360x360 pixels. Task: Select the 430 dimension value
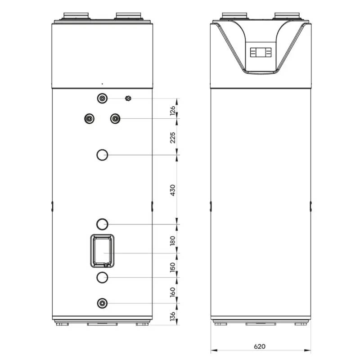(173, 189)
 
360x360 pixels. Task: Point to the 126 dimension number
(173, 111)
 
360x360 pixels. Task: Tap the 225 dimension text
(173, 137)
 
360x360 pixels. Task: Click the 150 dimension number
(173, 267)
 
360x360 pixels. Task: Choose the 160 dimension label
(173, 292)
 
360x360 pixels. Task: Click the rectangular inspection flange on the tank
(102, 251)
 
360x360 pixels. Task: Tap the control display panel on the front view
(261, 53)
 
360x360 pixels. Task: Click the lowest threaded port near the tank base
(102, 303)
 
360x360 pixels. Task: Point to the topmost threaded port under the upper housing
(102, 99)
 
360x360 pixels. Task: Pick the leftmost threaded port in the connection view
(89, 118)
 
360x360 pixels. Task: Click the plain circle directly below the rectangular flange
(102, 277)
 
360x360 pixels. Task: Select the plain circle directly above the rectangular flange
(102, 224)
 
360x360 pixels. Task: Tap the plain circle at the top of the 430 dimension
(102, 155)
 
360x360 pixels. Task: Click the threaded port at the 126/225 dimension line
(115, 118)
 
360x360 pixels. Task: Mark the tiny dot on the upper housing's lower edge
(102, 84)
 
